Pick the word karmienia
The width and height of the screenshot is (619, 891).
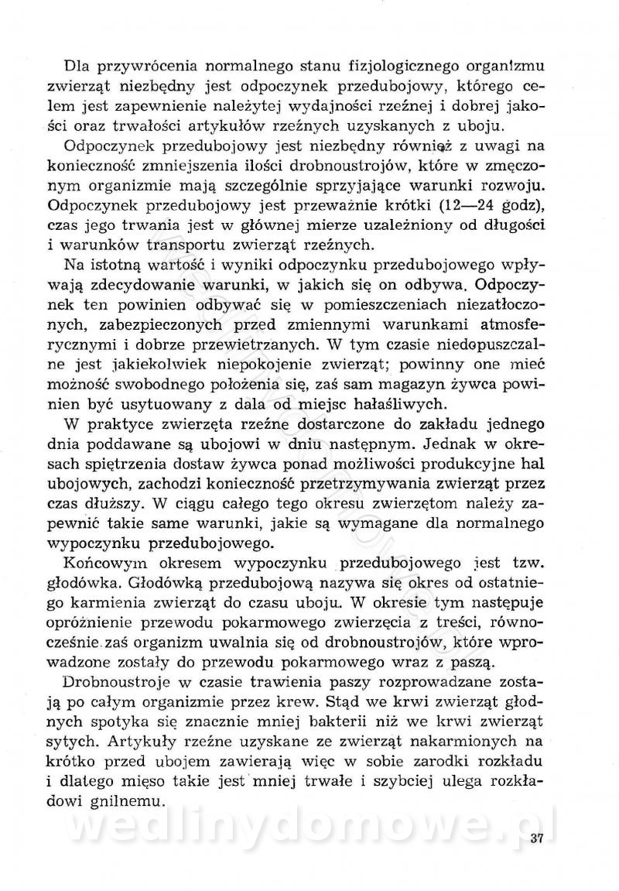tap(108, 604)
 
